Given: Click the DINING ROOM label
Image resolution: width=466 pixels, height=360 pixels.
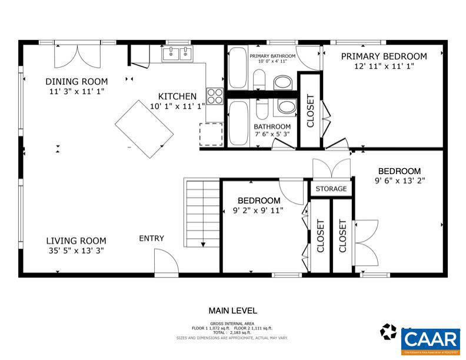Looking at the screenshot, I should [76, 81].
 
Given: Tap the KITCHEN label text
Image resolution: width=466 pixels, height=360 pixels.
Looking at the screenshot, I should [177, 96].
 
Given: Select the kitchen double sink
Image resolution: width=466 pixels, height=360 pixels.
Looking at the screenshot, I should [178, 55].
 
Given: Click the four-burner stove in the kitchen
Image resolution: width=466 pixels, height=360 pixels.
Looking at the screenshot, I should [214, 96].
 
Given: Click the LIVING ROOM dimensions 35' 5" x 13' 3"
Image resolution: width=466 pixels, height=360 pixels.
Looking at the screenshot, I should [76, 251].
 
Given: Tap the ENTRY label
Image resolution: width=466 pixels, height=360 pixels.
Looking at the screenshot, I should [151, 238].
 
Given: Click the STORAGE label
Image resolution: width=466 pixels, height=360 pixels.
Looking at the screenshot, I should [331, 189].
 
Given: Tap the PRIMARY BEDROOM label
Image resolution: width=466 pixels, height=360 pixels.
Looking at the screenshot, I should [384, 56].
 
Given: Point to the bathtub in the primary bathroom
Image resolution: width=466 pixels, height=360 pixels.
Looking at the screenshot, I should [238, 68].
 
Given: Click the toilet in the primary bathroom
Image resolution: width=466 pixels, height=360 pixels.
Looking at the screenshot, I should [282, 82].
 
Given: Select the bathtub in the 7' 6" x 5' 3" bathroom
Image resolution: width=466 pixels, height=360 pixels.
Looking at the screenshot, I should [238, 122].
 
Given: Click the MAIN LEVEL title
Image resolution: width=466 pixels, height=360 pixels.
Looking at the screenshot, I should [232, 311].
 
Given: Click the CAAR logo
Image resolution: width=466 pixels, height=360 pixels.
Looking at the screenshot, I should [431, 339].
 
